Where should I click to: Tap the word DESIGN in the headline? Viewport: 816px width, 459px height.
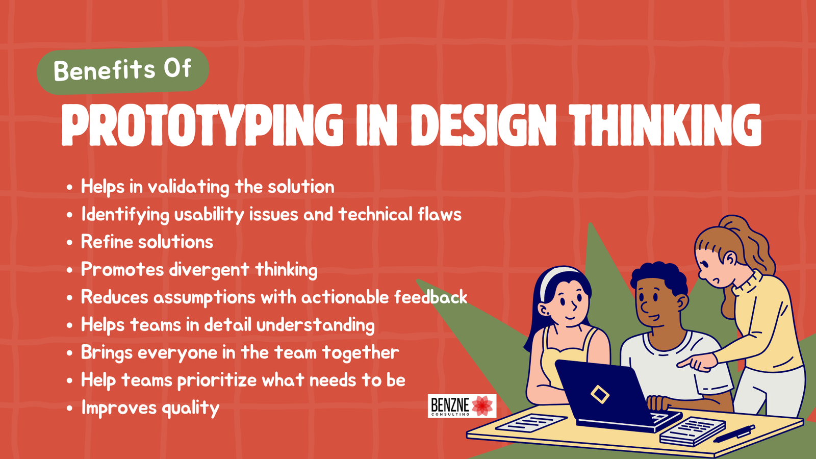pos(482,125)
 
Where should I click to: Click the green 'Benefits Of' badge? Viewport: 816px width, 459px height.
pos(122,70)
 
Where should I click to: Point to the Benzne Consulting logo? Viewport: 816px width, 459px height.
pos(462,406)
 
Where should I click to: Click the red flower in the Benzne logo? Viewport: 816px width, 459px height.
pos(482,406)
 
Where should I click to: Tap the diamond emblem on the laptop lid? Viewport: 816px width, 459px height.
pos(600,394)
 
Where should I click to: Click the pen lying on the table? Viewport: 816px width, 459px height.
pos(734,433)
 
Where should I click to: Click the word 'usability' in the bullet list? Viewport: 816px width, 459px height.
pos(209,215)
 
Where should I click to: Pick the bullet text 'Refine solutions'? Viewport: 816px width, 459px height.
pos(147,242)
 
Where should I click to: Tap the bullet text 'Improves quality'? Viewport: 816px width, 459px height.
pos(150,408)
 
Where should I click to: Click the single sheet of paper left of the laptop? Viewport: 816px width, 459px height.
pos(530,422)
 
